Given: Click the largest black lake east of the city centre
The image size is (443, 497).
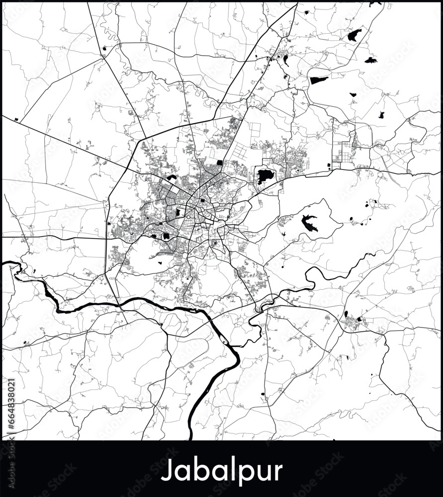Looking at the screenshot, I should click(x=265, y=175).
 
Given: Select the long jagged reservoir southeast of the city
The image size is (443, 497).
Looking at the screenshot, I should click(x=310, y=223).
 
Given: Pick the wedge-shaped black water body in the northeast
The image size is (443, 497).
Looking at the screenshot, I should click(x=319, y=80).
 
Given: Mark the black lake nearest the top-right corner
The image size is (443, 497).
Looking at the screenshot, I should click(x=354, y=35).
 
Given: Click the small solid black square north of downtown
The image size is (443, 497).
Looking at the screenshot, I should click(x=219, y=163).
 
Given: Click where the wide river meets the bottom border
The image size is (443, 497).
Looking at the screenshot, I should click(x=191, y=437).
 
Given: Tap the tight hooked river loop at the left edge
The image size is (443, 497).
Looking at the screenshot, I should click(x=18, y=268).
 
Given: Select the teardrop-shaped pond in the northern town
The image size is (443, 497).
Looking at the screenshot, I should click(x=285, y=61).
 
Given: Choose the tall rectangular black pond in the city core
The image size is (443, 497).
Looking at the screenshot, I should click(x=177, y=213).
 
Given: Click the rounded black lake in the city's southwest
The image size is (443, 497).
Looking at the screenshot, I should click(x=166, y=237).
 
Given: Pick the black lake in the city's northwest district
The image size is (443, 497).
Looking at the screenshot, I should click(x=172, y=177).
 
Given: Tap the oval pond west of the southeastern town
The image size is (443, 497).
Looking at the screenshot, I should click(x=346, y=314).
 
